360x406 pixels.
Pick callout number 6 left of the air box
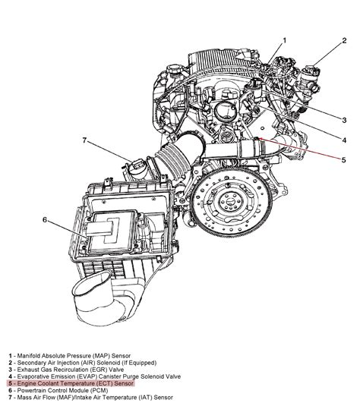point(45,220)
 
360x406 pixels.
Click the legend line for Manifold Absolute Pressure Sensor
point(68,354)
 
